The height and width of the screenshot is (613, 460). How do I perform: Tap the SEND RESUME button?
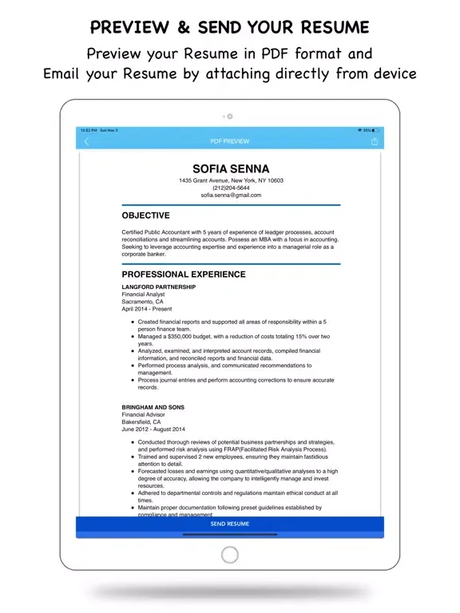(x=230, y=524)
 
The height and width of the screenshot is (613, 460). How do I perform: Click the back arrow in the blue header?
(x=86, y=141)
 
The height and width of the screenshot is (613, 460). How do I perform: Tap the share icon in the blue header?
(x=375, y=141)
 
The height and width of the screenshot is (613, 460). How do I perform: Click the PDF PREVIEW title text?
(x=230, y=141)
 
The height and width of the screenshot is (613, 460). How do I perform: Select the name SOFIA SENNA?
(x=231, y=168)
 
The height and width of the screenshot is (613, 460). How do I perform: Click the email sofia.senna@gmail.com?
(x=231, y=195)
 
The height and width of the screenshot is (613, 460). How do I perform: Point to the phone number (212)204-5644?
(x=231, y=188)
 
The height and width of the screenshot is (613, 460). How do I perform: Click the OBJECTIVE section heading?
(x=145, y=216)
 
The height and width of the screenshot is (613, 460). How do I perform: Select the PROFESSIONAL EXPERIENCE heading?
(x=184, y=275)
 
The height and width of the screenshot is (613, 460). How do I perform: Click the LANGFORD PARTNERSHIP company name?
(x=158, y=287)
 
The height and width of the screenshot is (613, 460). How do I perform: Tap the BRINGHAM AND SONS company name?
(x=153, y=408)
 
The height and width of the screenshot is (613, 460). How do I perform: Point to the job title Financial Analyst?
(x=143, y=295)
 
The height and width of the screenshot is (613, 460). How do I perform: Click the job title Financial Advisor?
(x=143, y=415)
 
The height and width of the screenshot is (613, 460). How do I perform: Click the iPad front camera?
(x=230, y=117)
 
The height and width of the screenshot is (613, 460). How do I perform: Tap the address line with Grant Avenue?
(x=231, y=180)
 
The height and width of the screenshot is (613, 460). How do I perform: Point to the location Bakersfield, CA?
(x=141, y=422)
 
